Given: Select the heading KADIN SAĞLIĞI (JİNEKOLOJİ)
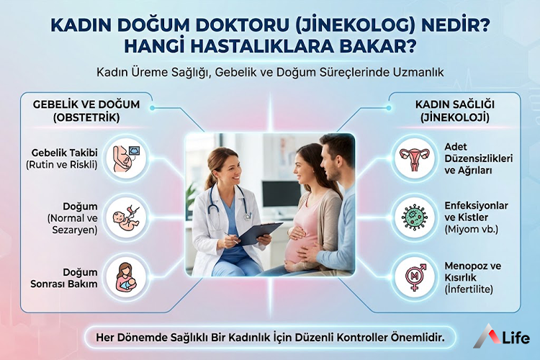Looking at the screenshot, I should click(x=452, y=110).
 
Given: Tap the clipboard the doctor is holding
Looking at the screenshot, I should click(x=259, y=233).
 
